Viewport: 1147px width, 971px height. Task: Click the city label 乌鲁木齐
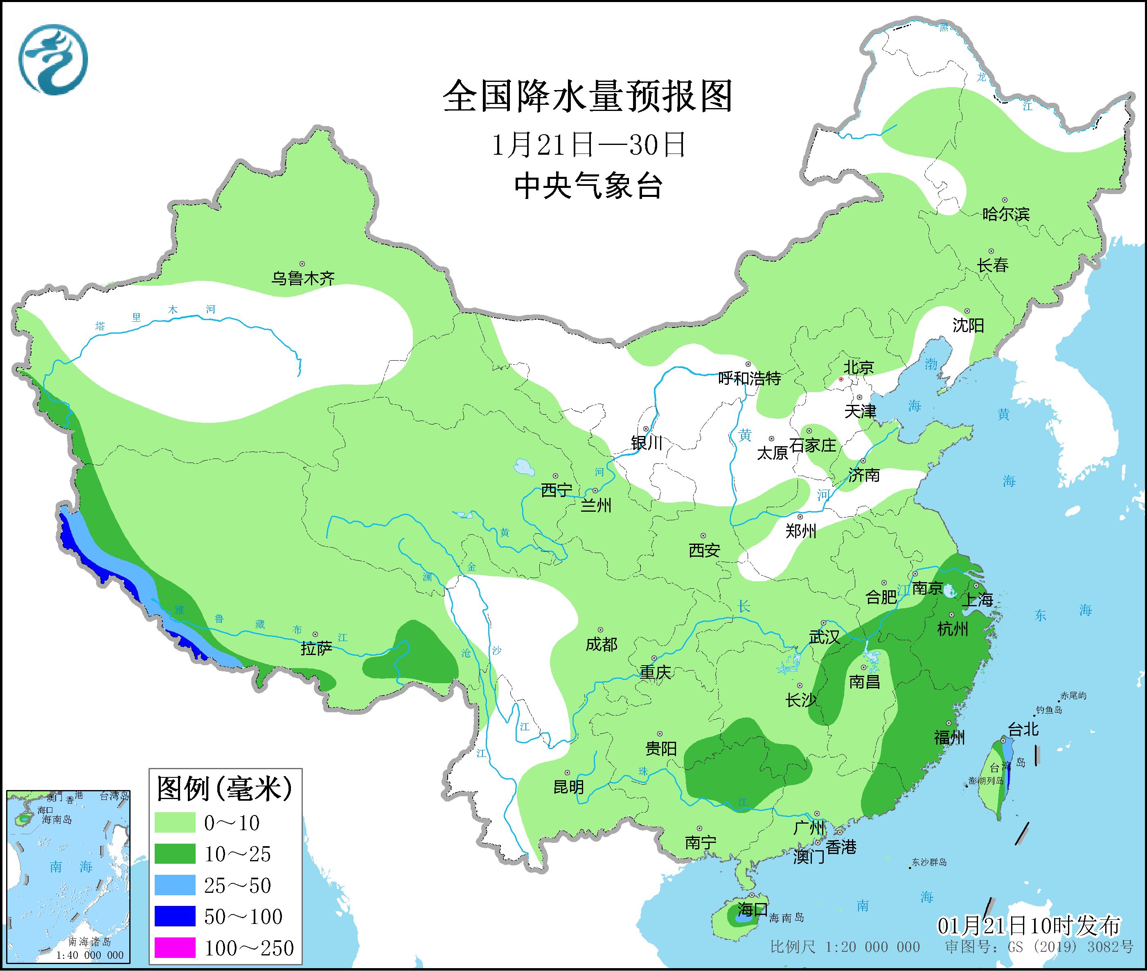pyautogui.click(x=302, y=278)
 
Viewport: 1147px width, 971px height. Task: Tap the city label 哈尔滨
pyautogui.click(x=1005, y=214)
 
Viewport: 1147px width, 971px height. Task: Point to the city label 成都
pyautogui.click(x=601, y=644)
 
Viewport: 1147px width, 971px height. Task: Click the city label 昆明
pyautogui.click(x=568, y=787)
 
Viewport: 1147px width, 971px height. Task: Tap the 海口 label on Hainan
pyautogui.click(x=753, y=908)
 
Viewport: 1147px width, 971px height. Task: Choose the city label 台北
pyautogui.click(x=1023, y=730)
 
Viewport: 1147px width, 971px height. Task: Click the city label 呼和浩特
pyautogui.click(x=749, y=379)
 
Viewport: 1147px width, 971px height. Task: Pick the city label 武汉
pyautogui.click(x=824, y=637)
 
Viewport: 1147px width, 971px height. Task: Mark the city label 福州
pyautogui.click(x=949, y=737)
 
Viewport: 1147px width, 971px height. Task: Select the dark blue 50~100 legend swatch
pyautogui.click(x=175, y=916)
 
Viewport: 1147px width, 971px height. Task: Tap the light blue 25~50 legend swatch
pyautogui.click(x=175, y=885)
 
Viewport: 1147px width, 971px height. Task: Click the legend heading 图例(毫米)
pyautogui.click(x=225, y=789)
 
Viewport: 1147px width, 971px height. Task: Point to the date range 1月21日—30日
pyautogui.click(x=588, y=145)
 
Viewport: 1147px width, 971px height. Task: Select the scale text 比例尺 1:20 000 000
pyautogui.click(x=845, y=947)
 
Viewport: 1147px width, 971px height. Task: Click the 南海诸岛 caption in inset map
pyautogui.click(x=90, y=942)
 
